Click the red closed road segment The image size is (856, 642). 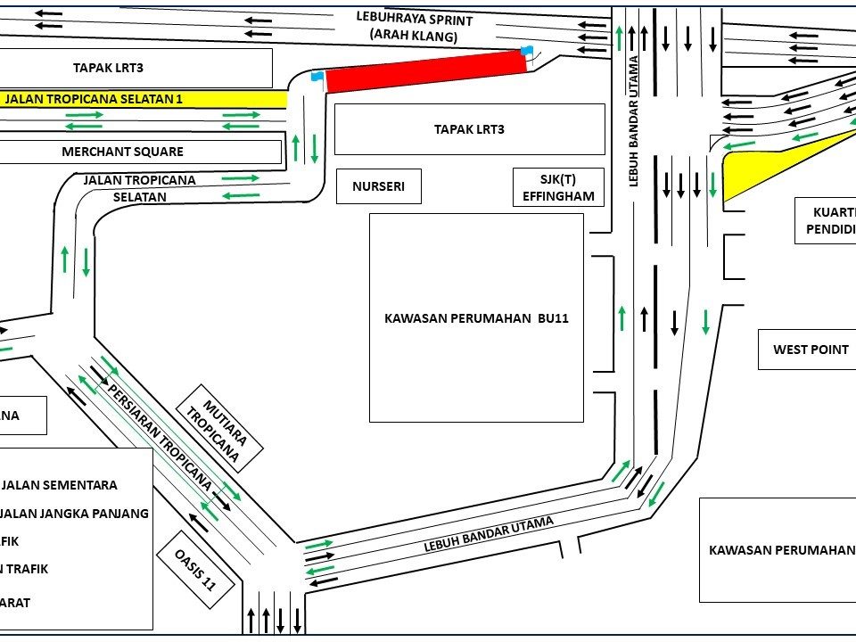(424, 71)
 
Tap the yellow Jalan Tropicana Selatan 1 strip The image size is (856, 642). (143, 99)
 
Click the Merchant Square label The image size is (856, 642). (123, 152)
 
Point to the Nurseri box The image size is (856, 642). (379, 187)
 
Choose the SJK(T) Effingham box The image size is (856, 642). (558, 187)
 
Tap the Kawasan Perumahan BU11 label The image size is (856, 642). (476, 317)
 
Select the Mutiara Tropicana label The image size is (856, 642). (218, 426)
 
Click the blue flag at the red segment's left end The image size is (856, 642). (316, 77)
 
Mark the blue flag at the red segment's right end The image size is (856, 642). (527, 51)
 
